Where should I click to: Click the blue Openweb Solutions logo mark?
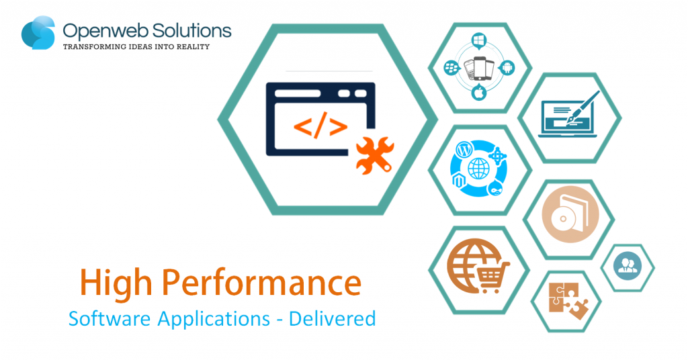click(38, 33)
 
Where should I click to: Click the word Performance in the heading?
click(261, 283)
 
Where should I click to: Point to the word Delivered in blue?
click(332, 318)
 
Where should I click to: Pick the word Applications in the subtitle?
click(214, 319)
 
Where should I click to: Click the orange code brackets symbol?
click(320, 126)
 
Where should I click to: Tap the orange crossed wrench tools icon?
click(375, 155)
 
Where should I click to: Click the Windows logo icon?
click(479, 40)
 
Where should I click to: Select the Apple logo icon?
click(479, 93)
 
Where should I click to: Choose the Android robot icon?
click(507, 68)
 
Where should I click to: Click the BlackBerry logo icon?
click(451, 68)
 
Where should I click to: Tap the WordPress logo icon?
click(464, 150)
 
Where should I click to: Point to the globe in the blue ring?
click(478, 169)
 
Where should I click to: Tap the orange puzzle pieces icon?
click(568, 301)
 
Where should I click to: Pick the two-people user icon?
click(628, 265)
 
